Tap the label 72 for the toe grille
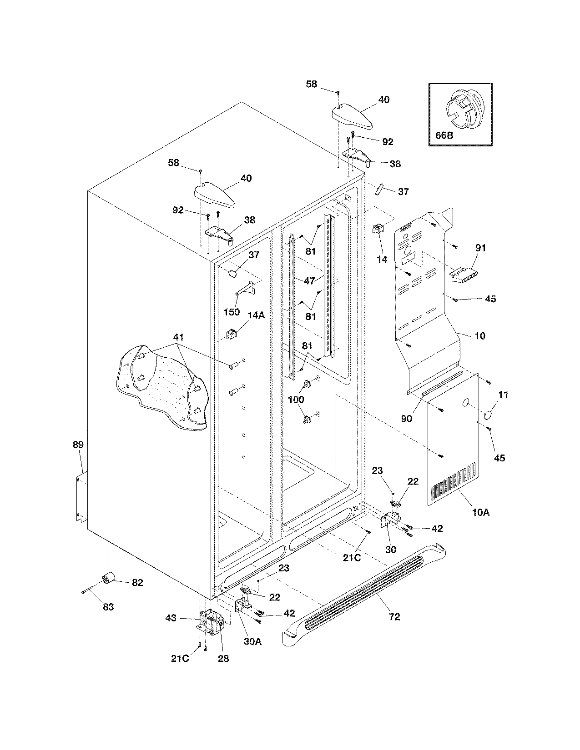point(394,616)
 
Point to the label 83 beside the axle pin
point(108,606)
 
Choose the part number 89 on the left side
point(78,445)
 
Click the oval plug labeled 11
point(488,415)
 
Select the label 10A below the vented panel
point(480,512)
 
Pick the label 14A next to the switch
point(256,315)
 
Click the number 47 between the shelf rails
point(309,281)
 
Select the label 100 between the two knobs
point(297,399)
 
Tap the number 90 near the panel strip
point(406,418)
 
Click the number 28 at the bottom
point(223,658)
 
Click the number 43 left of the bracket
point(171,618)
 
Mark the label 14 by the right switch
point(382,259)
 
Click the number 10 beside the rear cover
point(480,336)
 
